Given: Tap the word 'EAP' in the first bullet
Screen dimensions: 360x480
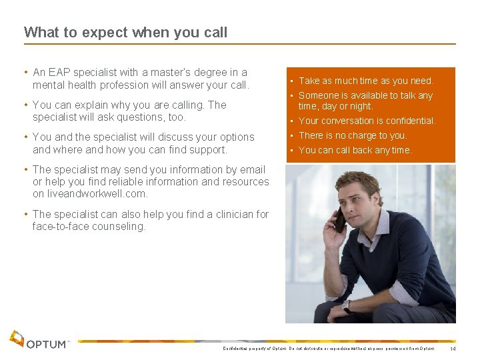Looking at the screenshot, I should tap(59, 72).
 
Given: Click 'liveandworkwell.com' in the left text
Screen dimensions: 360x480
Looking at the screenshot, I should tap(89, 194).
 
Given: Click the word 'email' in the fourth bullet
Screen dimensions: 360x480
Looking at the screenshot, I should tap(251, 169).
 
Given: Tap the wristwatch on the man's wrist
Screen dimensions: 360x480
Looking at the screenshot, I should tap(346, 307).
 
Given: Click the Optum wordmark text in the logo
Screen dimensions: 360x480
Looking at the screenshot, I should tap(47, 344).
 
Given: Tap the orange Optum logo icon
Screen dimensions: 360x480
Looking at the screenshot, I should tap(17, 339).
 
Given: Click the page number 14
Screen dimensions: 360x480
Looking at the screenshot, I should tap(453, 349).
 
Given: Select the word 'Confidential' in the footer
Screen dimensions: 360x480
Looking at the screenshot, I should tap(235, 349).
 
